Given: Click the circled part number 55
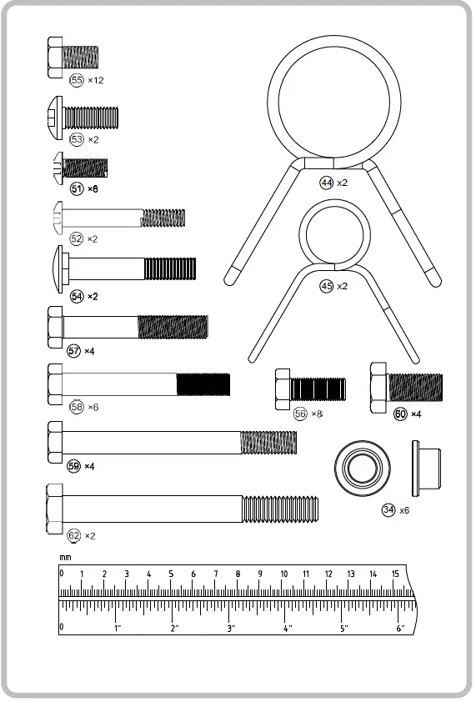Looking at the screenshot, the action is pos(77,80).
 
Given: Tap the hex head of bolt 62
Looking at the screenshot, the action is pos(54,509).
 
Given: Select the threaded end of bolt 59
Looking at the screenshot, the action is pos(268,443).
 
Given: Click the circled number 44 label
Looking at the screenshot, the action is pos(327,183).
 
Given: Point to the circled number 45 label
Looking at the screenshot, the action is pos(327,286).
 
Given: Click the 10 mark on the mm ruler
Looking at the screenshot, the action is pos(284,574).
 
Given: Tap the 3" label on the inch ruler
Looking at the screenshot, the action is pos(231,628).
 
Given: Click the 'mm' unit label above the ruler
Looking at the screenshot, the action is pos(65,558).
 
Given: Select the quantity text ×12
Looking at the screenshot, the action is pos(95,81).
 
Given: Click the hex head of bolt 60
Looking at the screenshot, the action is pos(378,388).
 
